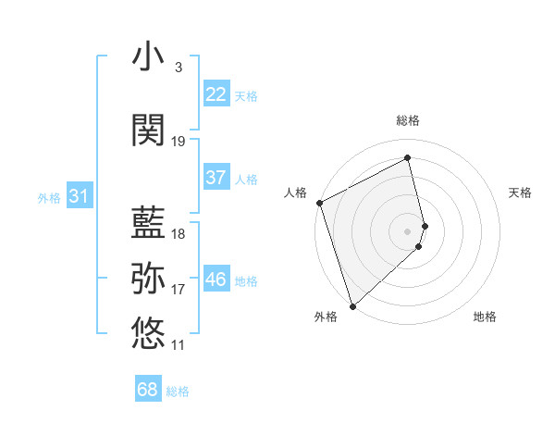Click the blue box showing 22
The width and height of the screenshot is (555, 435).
point(216,94)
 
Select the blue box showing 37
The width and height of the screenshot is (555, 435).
point(216,178)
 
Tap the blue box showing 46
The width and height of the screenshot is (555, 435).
point(216,280)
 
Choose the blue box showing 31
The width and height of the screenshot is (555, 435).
point(79,196)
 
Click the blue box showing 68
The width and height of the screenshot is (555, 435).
point(148,390)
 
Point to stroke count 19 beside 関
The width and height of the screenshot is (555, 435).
point(179,142)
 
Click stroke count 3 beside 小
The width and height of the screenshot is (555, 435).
point(178,68)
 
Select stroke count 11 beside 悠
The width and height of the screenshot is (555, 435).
point(179,345)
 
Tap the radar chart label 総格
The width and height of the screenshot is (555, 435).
point(408,120)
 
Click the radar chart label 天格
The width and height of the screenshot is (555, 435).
point(521,193)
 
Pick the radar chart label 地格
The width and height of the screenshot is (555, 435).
point(485,317)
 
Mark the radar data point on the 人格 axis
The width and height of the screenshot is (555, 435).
point(319,203)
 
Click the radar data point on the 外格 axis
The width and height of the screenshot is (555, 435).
point(352,305)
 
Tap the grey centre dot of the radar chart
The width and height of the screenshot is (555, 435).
point(408,230)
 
